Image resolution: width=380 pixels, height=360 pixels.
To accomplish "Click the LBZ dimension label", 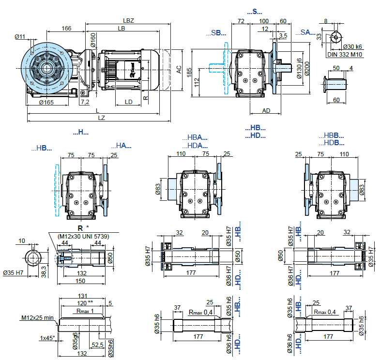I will click(128, 21).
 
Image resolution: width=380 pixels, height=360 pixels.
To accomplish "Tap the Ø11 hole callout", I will click(20, 37).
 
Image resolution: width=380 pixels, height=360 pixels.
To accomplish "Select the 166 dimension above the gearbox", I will click(66, 29).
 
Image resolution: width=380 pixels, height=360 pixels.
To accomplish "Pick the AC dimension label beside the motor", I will click(179, 70).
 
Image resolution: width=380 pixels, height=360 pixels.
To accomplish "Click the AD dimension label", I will click(266, 110).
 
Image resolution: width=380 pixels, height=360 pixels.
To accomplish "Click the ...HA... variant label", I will click(121, 145).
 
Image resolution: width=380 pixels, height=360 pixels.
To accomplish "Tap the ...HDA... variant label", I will click(195, 145).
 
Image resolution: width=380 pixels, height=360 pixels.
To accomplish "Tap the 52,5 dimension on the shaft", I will click(98, 345).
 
